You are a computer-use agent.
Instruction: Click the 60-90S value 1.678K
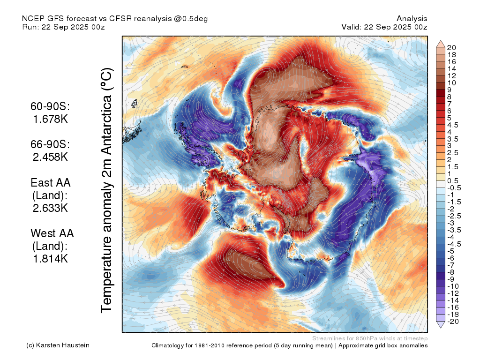[50, 119]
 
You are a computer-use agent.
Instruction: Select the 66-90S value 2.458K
[50, 157]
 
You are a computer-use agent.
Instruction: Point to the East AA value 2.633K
[50, 208]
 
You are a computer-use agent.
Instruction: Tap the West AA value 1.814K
[50, 259]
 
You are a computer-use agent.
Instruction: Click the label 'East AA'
[51, 183]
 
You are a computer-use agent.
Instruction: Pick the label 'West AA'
[52, 233]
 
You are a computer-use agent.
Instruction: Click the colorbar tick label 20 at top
[451, 48]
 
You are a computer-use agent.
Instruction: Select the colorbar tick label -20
[453, 322]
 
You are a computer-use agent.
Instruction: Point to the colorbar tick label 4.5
[453, 125]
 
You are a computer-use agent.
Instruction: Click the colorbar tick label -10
[453, 286]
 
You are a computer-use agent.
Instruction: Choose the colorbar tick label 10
[451, 83]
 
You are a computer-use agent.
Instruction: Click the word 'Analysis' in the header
[412, 19]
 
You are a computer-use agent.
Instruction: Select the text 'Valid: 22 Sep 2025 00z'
[384, 27]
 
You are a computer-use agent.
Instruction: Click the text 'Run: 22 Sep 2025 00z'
[63, 27]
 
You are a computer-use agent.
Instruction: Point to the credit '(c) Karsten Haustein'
[58, 345]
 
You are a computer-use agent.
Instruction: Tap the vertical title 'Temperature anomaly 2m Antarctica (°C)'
[107, 190]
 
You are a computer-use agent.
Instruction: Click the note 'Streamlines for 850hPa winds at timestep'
[370, 338]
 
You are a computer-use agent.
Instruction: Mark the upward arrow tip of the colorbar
[441, 40]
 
